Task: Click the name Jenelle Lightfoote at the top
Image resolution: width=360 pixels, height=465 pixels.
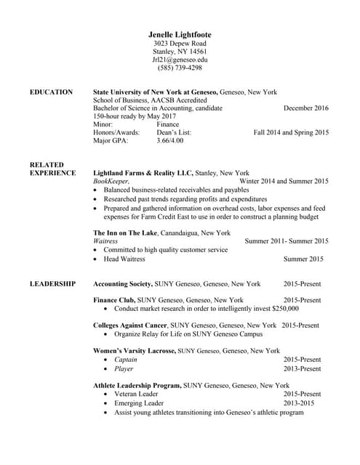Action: click(x=180, y=34)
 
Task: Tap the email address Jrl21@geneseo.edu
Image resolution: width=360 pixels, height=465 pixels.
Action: click(x=180, y=60)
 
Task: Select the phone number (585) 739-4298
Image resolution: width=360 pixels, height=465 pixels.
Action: click(x=180, y=68)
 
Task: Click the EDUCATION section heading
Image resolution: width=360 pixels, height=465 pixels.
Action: click(x=51, y=92)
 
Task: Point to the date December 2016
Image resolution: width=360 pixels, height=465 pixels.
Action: click(x=305, y=108)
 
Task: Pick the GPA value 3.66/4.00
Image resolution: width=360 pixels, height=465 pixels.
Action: click(x=171, y=140)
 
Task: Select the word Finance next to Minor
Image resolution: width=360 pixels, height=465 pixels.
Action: click(x=167, y=124)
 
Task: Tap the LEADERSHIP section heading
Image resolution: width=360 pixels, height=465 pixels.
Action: click(x=52, y=283)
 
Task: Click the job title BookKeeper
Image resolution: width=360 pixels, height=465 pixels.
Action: click(x=111, y=181)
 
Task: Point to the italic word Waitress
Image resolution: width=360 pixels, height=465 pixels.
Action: click(x=106, y=241)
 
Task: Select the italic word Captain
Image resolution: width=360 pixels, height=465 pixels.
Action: click(x=126, y=360)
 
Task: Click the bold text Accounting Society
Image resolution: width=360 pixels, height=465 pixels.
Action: click(x=123, y=283)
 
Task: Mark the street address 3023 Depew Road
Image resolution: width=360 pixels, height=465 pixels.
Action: click(x=180, y=43)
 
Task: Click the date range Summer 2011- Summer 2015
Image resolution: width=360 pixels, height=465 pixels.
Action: click(x=287, y=241)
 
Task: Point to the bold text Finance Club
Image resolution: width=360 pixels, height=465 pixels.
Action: click(x=114, y=300)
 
